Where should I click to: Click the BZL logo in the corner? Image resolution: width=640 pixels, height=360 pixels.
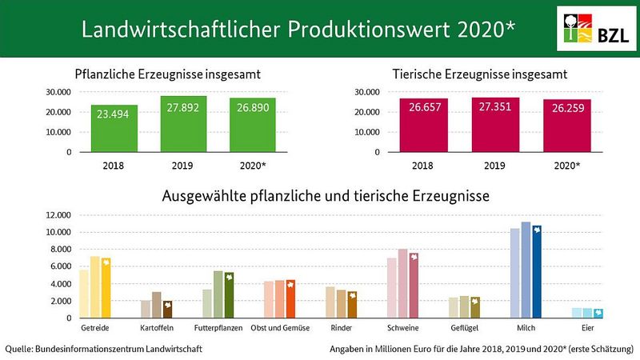coord(593,30)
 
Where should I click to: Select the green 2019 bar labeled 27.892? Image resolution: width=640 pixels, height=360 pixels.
coord(183,124)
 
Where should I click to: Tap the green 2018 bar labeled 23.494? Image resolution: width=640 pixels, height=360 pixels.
coord(114,128)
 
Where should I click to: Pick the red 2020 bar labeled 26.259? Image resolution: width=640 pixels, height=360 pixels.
coord(566,126)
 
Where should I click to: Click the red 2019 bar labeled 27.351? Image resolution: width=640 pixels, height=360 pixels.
coord(496,124)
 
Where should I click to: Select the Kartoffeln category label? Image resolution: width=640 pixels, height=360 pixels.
coord(156,328)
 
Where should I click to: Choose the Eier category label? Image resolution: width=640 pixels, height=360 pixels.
coord(587,328)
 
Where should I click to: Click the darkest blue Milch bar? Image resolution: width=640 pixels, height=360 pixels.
coord(537,272)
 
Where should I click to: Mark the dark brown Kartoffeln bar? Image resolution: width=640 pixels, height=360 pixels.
coord(167,310)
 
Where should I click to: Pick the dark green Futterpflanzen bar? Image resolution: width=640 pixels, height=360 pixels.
coord(229,295)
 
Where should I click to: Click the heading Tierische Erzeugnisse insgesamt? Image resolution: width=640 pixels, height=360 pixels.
coord(480,75)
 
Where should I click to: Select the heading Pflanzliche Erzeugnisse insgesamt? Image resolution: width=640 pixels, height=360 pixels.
coord(168,75)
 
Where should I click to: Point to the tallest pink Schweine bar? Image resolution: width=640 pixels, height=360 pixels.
coord(402,284)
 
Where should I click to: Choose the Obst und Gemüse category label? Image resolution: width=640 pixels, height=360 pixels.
coord(279,328)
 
